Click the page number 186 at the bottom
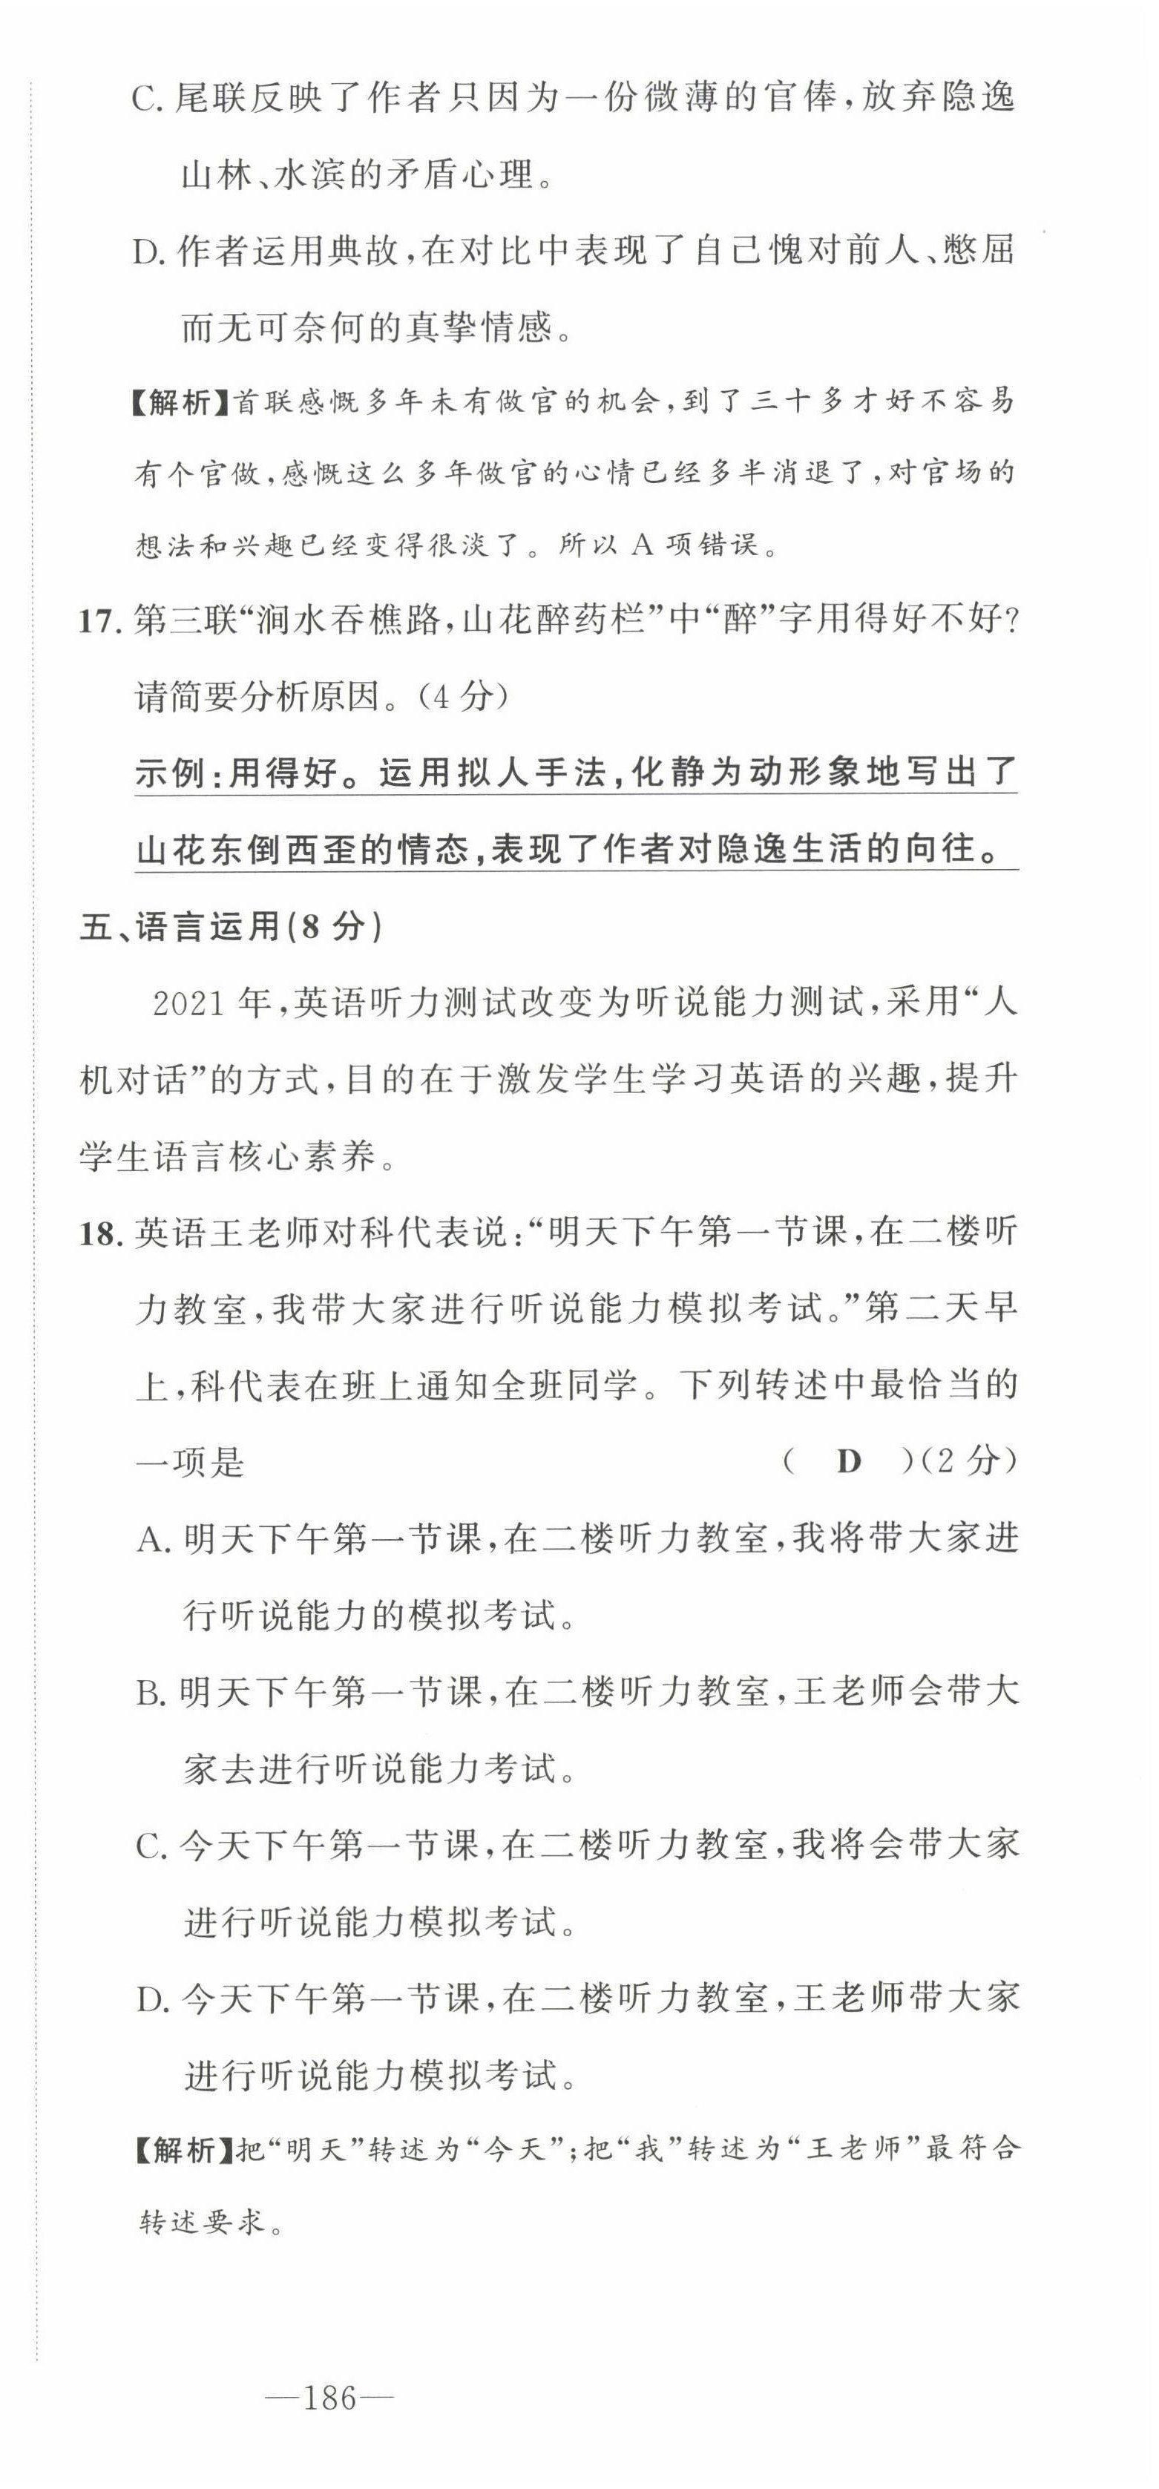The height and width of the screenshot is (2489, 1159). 329,2399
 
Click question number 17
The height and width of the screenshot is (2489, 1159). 96,620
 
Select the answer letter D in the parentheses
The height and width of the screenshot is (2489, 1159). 848,1462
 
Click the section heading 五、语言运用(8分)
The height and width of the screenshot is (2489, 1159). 231,928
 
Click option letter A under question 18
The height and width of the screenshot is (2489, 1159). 153,1540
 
